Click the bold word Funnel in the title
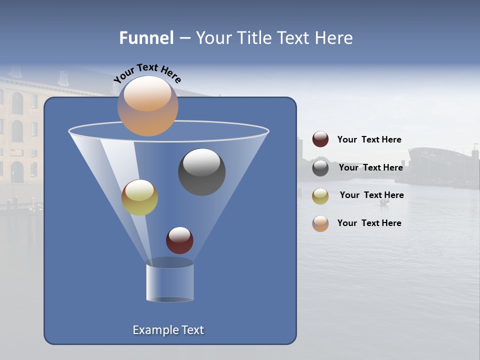coord(146,38)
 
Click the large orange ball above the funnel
coord(147,106)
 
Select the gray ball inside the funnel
coord(201,171)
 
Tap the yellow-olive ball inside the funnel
coord(139,197)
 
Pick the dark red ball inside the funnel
coord(179,240)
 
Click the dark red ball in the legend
coord(320,139)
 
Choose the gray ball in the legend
coord(320,168)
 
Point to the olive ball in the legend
coord(320,195)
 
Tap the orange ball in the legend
coord(320,223)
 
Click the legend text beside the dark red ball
coord(369,139)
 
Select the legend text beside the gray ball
coord(370,167)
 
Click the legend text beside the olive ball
coord(371,195)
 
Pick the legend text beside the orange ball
coord(369,223)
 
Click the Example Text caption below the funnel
coord(168,330)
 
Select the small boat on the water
coord(384,202)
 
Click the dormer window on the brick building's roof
coord(63,78)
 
